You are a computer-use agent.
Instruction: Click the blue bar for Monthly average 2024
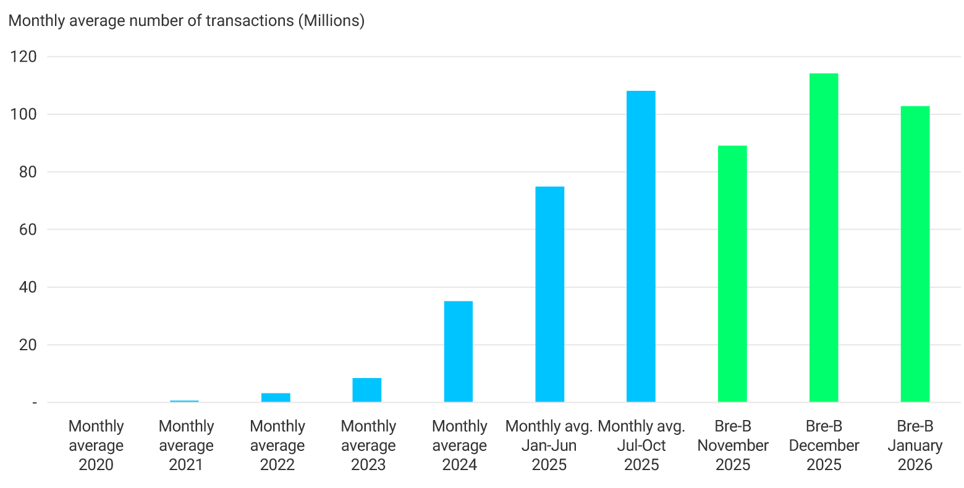[459, 351]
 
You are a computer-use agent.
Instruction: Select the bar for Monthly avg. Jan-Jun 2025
[549, 294]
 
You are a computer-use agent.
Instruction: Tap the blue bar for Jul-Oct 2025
[641, 246]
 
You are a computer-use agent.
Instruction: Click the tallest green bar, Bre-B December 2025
[823, 238]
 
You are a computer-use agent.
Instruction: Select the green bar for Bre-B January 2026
[915, 254]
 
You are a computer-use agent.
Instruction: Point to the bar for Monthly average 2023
[367, 390]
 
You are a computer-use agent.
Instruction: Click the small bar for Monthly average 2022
[276, 397]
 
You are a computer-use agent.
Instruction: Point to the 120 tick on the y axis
[23, 57]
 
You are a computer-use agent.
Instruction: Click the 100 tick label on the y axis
[23, 114]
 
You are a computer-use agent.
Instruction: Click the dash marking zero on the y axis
[35, 403]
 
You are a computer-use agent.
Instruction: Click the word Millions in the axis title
[331, 20]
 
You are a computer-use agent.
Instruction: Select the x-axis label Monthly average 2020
[96, 445]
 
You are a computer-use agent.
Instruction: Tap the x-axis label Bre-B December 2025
[824, 445]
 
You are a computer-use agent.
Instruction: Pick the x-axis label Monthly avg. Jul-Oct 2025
[641, 445]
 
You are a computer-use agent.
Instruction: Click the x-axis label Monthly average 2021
[186, 445]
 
